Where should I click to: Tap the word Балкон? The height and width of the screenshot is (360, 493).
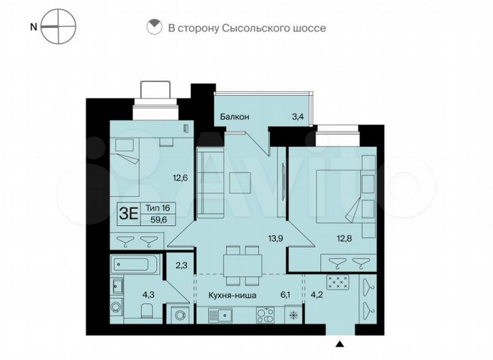pyautogui.click(x=234, y=117)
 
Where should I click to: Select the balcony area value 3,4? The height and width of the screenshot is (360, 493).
pyautogui.click(x=297, y=117)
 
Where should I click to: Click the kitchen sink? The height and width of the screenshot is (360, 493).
pyautogui.click(x=220, y=316)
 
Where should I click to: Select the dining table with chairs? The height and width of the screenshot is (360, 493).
pyautogui.click(x=240, y=263)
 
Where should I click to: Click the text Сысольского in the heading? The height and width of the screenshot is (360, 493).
pyautogui.click(x=254, y=28)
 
